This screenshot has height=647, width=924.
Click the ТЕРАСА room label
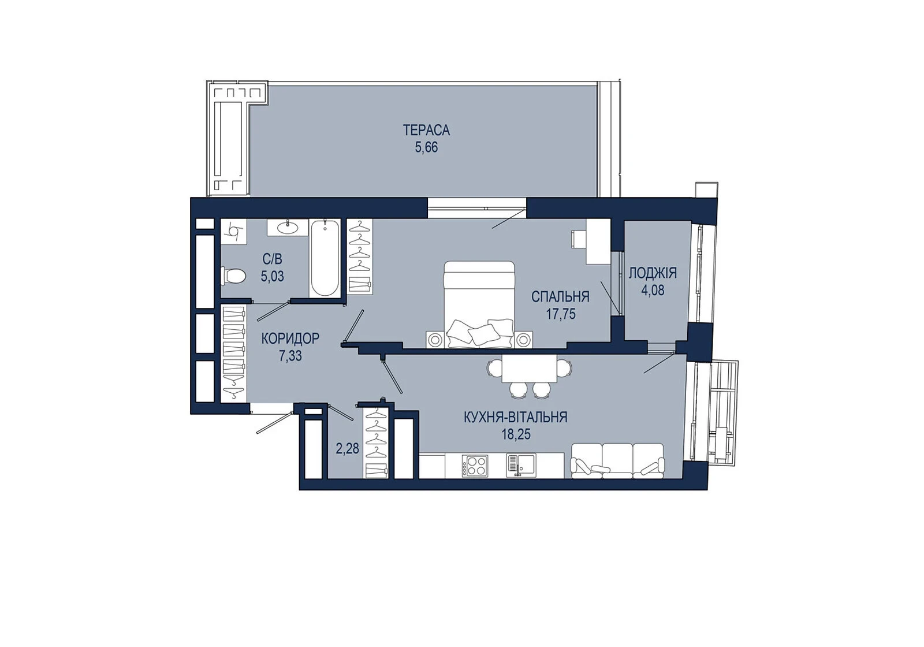pyautogui.click(x=426, y=131)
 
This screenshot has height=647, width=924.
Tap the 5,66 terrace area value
pyautogui.click(x=426, y=147)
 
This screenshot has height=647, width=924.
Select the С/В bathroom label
pyautogui.click(x=272, y=259)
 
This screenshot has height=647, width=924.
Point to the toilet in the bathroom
pyautogui.click(x=233, y=276)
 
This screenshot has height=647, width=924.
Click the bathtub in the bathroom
pyautogui.click(x=325, y=258)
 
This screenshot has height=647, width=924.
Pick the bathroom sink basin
pyautogui.click(x=288, y=227)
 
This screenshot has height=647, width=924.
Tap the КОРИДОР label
pyautogui.click(x=290, y=339)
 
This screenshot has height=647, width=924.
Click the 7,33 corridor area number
pyautogui.click(x=290, y=356)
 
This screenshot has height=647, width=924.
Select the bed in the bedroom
pyautogui.click(x=479, y=304)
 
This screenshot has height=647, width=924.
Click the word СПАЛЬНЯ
pyautogui.click(x=560, y=297)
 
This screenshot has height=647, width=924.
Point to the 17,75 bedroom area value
pyautogui.click(x=561, y=314)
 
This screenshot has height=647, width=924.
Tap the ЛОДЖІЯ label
pyautogui.click(x=653, y=273)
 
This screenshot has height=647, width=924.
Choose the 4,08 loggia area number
pyautogui.click(x=653, y=291)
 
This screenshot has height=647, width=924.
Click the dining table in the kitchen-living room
pyautogui.click(x=529, y=369)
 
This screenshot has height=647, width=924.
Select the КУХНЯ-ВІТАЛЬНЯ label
pyautogui.click(x=516, y=417)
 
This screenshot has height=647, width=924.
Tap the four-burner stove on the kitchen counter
pyautogui.click(x=475, y=466)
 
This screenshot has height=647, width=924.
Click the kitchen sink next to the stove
pyautogui.click(x=520, y=466)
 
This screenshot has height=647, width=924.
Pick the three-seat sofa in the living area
pyautogui.click(x=617, y=461)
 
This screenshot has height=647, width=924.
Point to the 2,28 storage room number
pyautogui.click(x=347, y=448)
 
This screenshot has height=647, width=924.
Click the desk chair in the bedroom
pyautogui.click(x=576, y=239)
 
